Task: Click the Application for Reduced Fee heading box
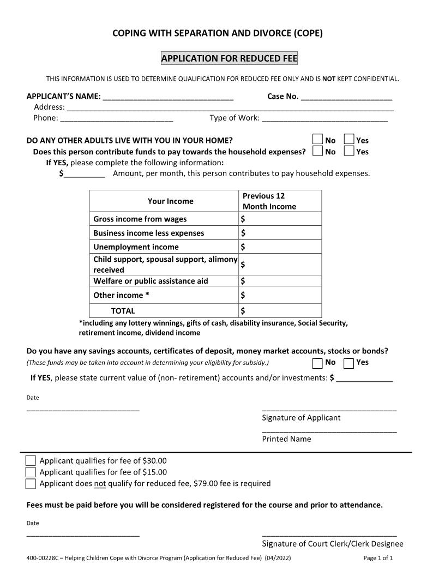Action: point(229,58)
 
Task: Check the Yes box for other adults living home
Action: point(349,140)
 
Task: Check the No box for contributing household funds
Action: point(317,152)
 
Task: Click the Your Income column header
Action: point(170,201)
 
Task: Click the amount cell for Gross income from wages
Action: point(280,219)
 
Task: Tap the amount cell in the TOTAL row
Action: point(280,311)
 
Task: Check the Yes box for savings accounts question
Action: point(349,363)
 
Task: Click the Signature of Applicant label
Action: point(301,418)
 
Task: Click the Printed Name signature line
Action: point(329,430)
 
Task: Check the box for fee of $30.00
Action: point(31,461)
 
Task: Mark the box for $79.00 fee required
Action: point(31,484)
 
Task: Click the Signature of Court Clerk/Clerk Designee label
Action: point(333,544)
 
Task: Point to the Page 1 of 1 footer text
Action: point(378,559)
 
